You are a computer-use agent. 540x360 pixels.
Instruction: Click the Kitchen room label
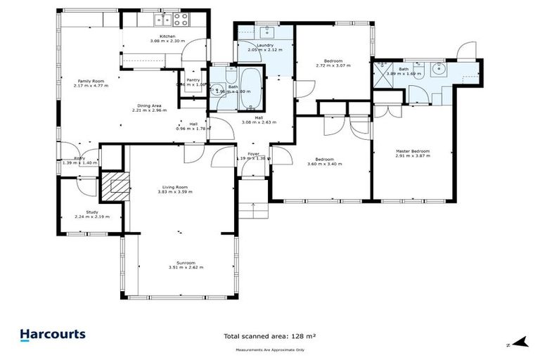click(x=167, y=36)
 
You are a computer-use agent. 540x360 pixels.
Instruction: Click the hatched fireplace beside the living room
click(x=115, y=186)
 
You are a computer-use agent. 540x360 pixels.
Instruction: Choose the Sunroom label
click(x=186, y=262)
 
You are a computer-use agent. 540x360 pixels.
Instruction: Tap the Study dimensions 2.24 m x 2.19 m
click(x=92, y=217)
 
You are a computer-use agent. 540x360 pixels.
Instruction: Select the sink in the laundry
click(x=267, y=31)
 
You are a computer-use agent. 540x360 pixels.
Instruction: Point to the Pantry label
click(x=193, y=80)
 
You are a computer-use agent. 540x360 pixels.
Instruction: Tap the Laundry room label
click(x=264, y=45)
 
